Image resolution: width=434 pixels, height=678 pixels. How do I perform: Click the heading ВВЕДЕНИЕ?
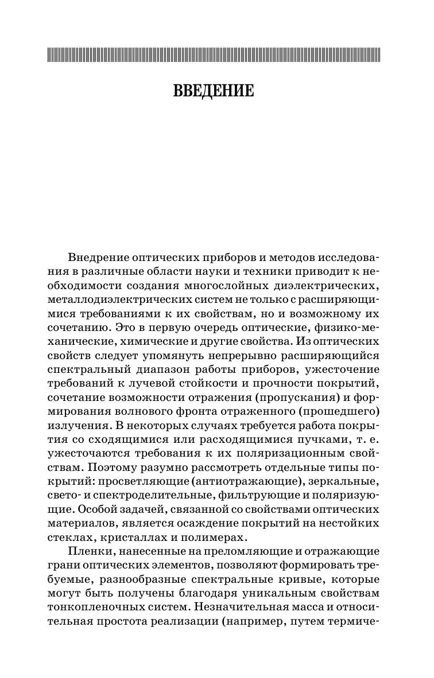(213, 91)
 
